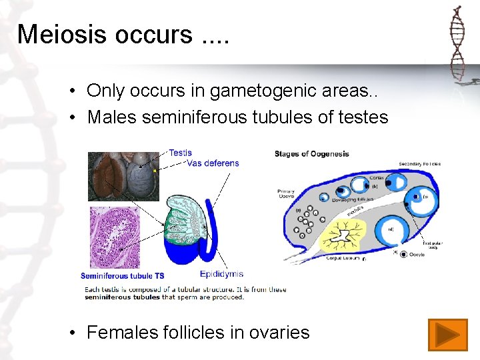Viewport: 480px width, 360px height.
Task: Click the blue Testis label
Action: point(180,153)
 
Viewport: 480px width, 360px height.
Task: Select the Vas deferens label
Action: point(213,163)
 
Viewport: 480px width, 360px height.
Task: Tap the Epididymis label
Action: point(221,273)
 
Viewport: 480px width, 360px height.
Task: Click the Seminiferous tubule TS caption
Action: point(122,276)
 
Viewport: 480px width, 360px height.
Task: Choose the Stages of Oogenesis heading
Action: point(311,154)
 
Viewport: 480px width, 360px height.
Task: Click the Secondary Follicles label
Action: point(419,164)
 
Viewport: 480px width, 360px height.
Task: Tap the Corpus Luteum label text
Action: point(343,257)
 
